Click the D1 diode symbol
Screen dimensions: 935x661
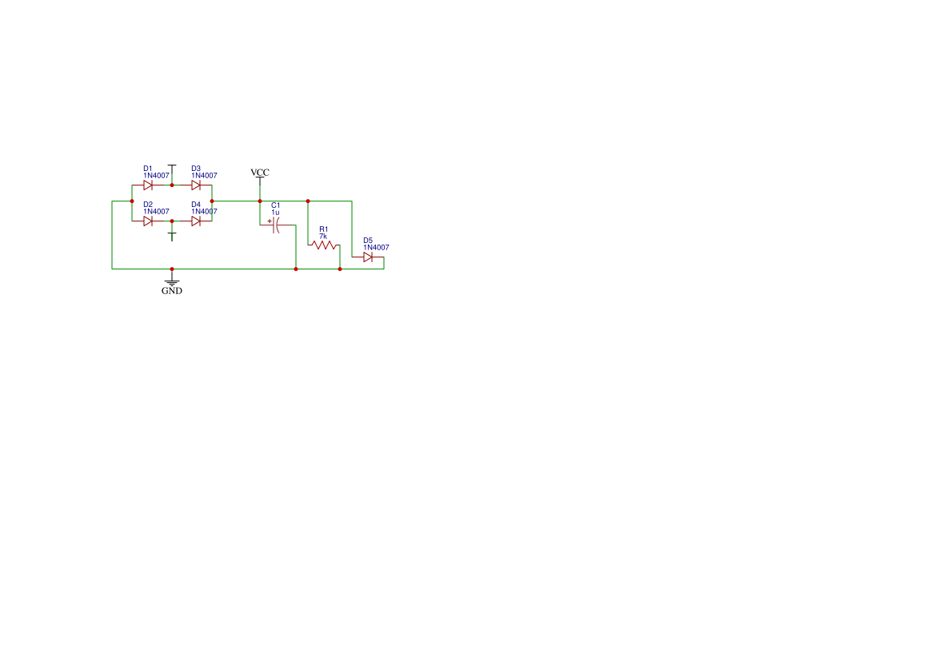click(148, 185)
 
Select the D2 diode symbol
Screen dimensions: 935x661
click(148, 221)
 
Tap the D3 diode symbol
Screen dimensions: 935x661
click(196, 185)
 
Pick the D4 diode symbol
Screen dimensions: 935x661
click(196, 221)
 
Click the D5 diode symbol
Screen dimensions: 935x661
click(368, 257)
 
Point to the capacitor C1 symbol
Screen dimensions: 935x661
click(275, 225)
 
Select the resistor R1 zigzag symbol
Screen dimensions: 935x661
click(324, 245)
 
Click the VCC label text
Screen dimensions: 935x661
click(260, 173)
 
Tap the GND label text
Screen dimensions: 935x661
click(172, 291)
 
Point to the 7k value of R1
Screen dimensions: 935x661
click(323, 237)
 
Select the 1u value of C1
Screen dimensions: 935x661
click(275, 213)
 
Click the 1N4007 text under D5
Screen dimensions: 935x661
click(376, 247)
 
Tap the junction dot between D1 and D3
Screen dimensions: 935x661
click(172, 185)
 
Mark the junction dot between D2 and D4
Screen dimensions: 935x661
click(172, 221)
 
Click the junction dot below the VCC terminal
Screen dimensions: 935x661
click(260, 201)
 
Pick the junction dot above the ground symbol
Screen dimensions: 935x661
click(172, 269)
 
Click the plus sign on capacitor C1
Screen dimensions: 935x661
click(270, 221)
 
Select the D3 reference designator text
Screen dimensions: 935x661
click(196, 169)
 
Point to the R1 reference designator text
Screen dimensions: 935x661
click(324, 229)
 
